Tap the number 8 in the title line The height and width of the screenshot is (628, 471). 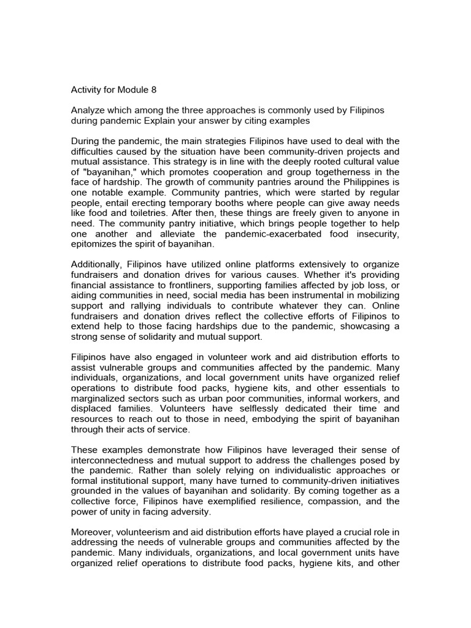tap(154, 90)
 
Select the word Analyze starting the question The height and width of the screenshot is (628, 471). tap(89, 109)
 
